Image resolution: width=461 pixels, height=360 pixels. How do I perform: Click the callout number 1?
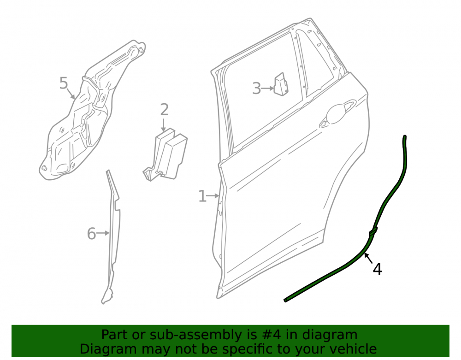click(x=202, y=196)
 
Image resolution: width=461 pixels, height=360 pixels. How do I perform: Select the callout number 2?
click(x=165, y=110)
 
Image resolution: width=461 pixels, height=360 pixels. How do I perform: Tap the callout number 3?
click(x=256, y=89)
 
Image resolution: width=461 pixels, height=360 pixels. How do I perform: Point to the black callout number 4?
click(x=377, y=269)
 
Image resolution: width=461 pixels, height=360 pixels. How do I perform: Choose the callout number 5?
click(x=64, y=83)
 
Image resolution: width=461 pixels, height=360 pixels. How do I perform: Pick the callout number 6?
click(x=91, y=234)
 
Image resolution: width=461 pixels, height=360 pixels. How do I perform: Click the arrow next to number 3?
click(x=267, y=88)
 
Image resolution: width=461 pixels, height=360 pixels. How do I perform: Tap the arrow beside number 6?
click(x=103, y=233)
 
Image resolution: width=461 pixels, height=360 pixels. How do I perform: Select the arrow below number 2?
click(x=164, y=125)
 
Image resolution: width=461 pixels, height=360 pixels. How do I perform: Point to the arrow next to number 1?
click(x=213, y=196)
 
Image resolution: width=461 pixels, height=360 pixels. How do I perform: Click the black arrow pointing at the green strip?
click(x=368, y=258)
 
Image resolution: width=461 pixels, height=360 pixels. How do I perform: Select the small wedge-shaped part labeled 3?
click(x=281, y=84)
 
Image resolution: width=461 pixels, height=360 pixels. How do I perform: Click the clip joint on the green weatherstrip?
click(x=373, y=231)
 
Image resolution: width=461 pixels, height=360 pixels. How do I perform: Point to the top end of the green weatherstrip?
click(x=405, y=136)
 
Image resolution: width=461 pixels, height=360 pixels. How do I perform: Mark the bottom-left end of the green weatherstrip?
click(x=285, y=300)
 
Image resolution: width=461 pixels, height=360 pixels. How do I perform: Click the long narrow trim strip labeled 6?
click(x=114, y=235)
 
